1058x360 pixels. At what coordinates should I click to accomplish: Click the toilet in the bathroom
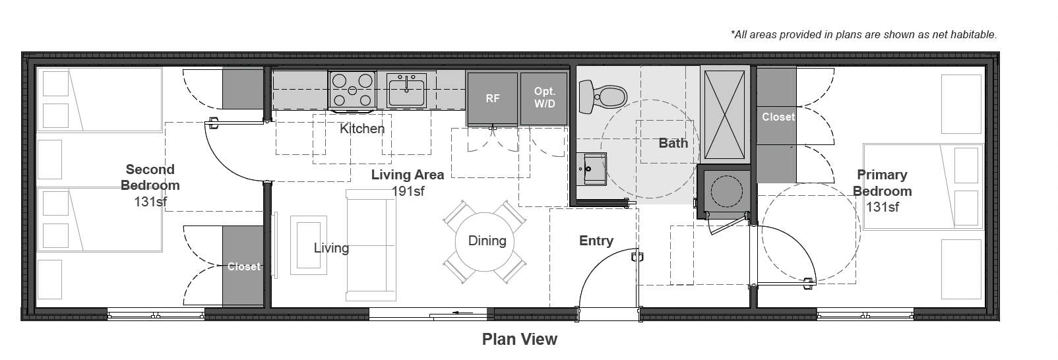pos(602,97)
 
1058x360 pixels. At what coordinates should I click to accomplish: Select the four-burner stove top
pos(352,90)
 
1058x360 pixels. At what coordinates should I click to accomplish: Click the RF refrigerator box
pos(492,98)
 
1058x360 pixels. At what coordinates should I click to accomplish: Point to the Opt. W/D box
pos(544,98)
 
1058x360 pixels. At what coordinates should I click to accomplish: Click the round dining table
pos(485,241)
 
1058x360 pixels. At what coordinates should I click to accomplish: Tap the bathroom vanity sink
pos(592,169)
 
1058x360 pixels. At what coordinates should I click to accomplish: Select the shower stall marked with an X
pos(724,114)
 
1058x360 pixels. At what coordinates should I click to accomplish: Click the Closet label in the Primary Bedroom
pos(778,117)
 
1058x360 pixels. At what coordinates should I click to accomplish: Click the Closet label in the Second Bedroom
pos(243,266)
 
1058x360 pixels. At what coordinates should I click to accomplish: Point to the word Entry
pos(596,241)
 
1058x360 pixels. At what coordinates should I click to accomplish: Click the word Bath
pos(673,142)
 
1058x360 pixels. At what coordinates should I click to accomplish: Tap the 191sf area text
pos(408,191)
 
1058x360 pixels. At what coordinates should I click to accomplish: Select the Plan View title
pos(520,339)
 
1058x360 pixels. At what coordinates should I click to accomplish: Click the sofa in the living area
pos(371,245)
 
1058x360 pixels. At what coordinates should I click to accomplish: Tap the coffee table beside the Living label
pos(309,245)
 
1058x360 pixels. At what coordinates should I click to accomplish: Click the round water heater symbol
pos(726,191)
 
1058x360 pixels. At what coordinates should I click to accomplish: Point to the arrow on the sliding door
pos(462,313)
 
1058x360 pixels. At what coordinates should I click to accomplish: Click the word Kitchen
pos(362,129)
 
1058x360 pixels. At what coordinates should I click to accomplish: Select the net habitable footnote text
pos(863,34)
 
